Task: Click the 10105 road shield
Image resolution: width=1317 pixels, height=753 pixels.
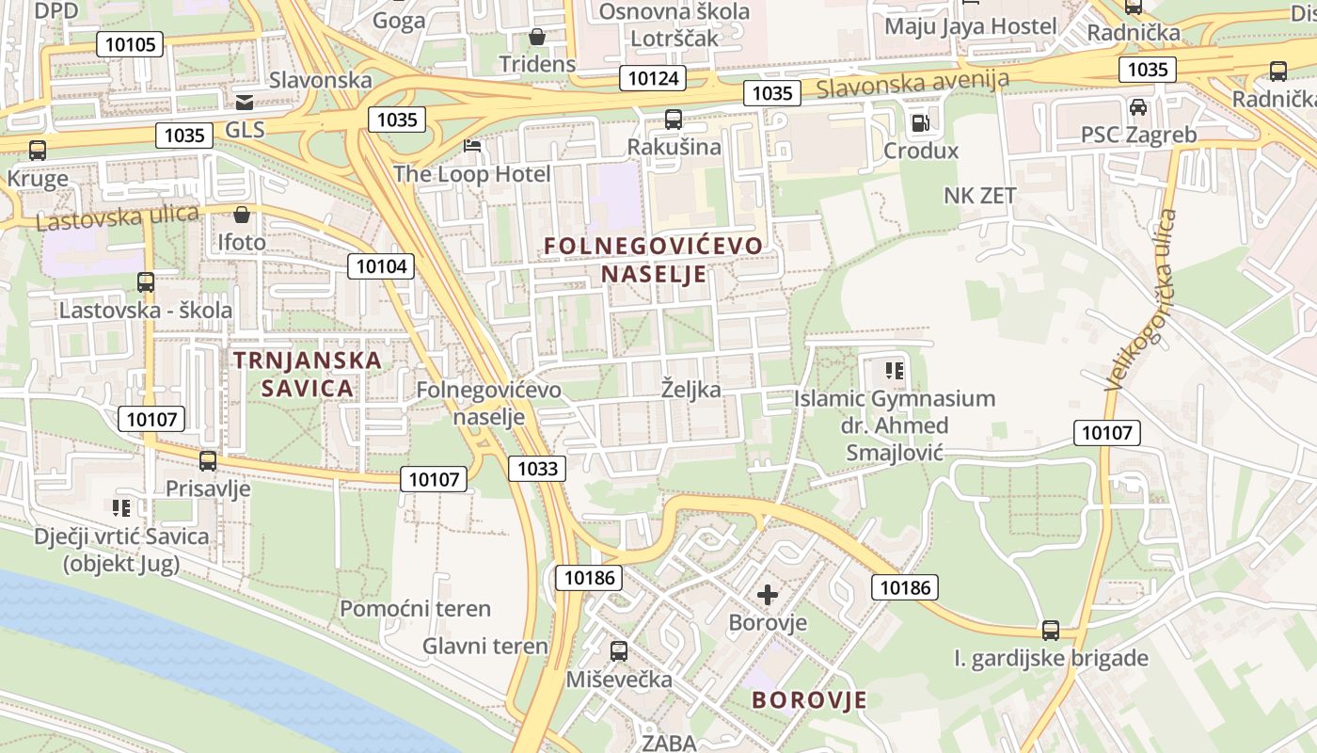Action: coord(130,43)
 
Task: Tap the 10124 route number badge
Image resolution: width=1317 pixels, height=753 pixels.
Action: coord(652,78)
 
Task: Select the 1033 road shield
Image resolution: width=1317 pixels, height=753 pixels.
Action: coord(537,469)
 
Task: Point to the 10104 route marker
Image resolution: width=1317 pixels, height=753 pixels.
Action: coord(381,266)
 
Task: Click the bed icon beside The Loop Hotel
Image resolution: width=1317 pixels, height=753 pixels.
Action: coord(472,146)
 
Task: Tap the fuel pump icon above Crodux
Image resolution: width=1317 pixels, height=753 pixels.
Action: coord(920,122)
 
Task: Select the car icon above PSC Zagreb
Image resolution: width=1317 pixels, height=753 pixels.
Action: coord(1138,107)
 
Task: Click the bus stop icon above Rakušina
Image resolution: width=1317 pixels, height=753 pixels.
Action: coord(674,120)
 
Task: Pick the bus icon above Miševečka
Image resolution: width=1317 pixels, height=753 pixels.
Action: coord(619,650)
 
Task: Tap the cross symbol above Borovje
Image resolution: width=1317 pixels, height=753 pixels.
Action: coord(768,595)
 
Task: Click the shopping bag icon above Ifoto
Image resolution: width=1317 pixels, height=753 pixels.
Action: coord(242,215)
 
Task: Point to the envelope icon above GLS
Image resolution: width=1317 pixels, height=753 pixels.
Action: coord(245,102)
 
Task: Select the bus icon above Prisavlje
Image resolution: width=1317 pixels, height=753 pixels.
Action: coord(208,461)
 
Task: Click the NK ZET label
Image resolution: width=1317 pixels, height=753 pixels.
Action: coord(980,196)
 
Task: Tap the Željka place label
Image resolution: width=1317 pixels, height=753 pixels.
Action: coord(691,390)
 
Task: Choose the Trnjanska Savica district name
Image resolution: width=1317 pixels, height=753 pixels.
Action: coord(308,374)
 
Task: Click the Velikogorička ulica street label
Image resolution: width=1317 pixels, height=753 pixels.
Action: coord(1142,299)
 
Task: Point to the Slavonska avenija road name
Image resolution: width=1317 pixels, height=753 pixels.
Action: coord(912,84)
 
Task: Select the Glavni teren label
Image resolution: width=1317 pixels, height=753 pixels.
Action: coord(484,646)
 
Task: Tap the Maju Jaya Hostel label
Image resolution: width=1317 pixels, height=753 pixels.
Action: coord(971,26)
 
